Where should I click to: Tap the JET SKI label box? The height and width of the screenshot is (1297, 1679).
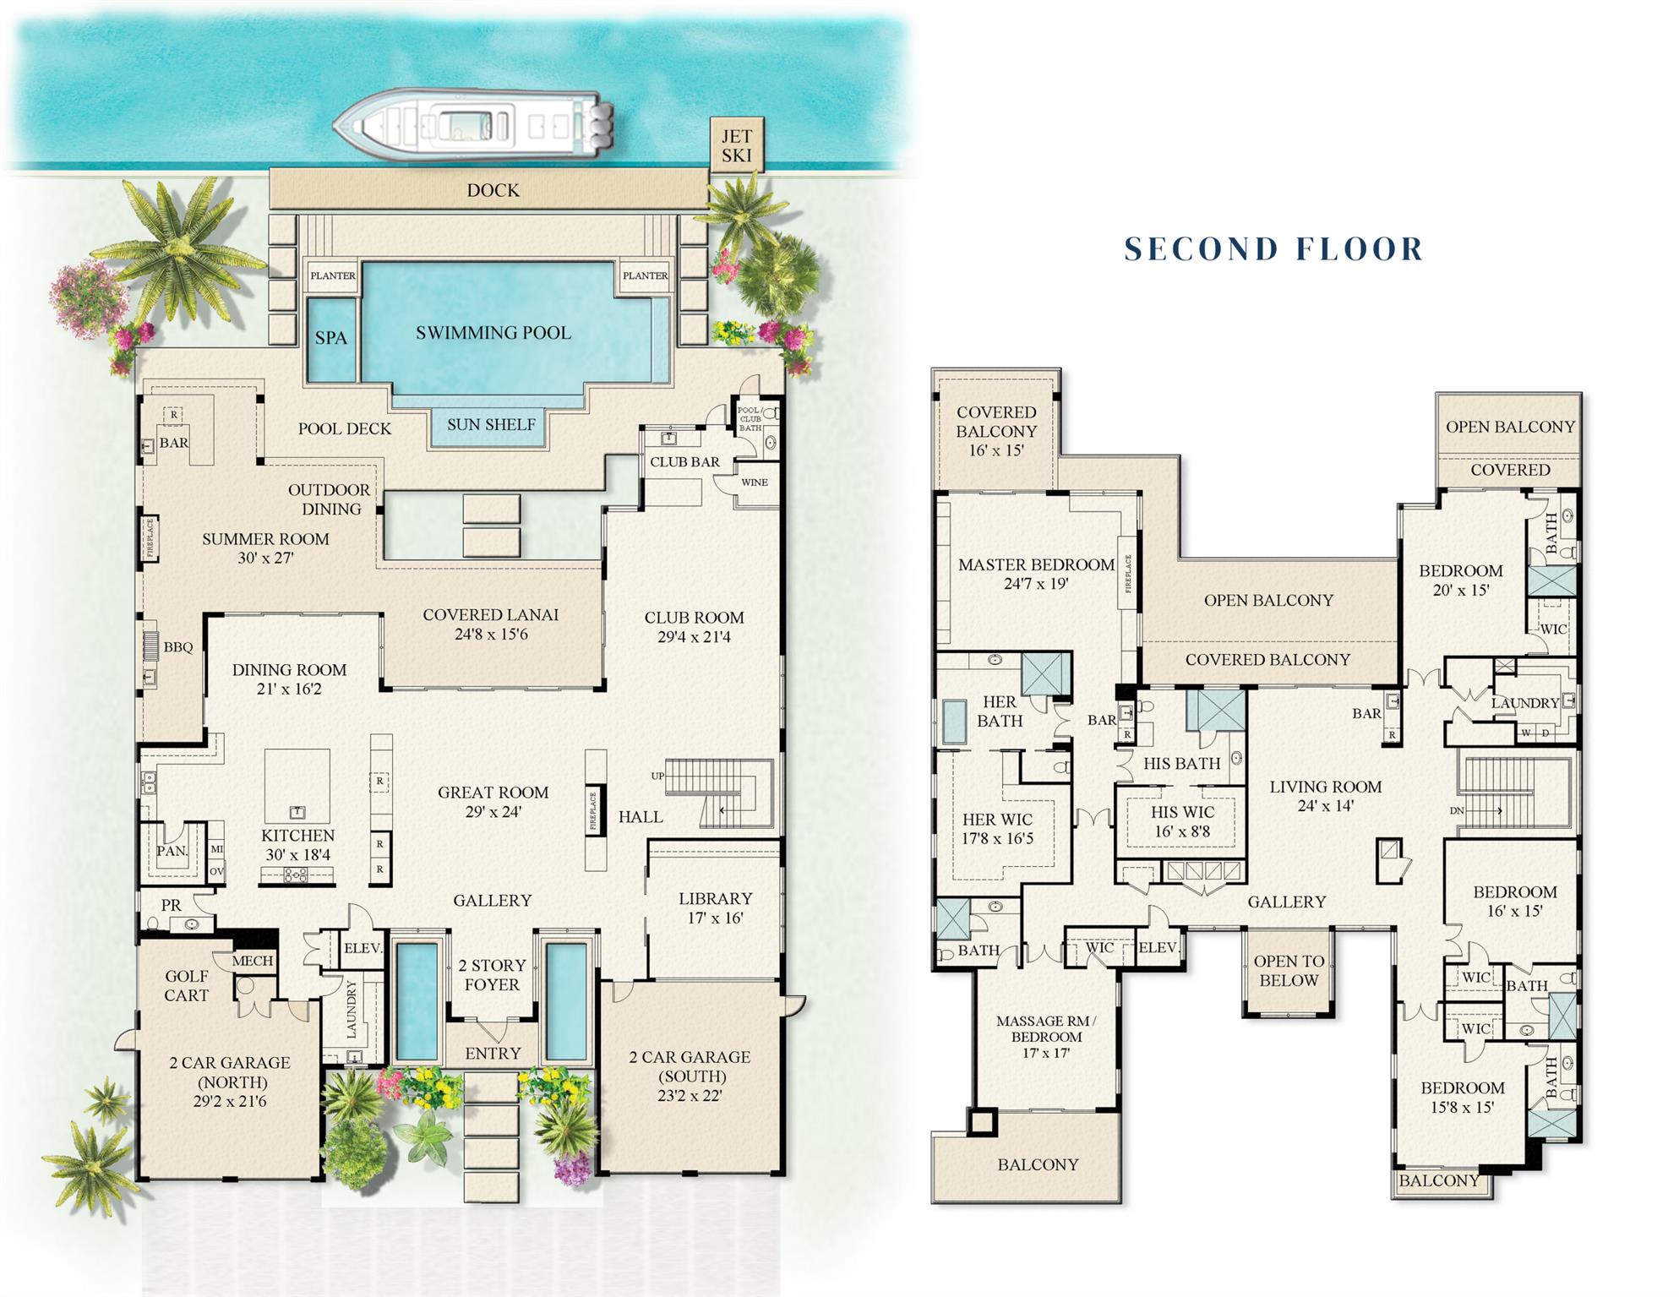(x=736, y=145)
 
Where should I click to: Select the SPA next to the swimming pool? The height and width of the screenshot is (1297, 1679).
(x=331, y=338)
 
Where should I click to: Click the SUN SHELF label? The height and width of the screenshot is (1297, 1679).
(x=491, y=424)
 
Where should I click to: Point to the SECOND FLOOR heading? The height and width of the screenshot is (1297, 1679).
(x=1273, y=249)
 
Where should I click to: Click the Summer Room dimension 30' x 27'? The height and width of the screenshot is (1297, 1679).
(x=265, y=558)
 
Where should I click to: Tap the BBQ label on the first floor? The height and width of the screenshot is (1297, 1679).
(x=178, y=647)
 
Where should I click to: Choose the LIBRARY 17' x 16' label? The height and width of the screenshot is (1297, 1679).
(x=715, y=908)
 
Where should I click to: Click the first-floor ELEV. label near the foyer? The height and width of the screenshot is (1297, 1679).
(x=363, y=948)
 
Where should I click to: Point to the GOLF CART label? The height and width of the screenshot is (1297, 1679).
(x=186, y=986)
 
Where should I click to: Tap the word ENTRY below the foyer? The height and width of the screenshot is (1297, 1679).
(x=493, y=1054)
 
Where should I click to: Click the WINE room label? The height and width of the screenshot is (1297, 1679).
(x=755, y=482)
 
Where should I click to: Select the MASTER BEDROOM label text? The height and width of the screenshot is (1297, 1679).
(x=1036, y=564)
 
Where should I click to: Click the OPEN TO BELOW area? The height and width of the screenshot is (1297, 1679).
(x=1288, y=971)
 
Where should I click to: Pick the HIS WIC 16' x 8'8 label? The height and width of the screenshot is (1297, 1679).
(x=1182, y=821)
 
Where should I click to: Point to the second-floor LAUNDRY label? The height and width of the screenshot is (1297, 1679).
(x=1524, y=703)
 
